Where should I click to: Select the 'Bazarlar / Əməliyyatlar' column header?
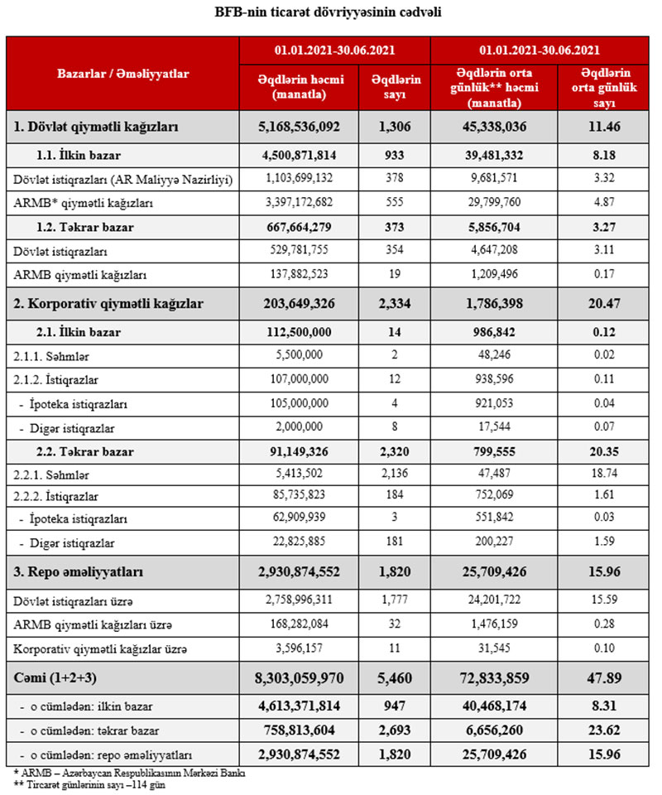[122, 74]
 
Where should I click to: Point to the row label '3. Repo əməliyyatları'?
[79, 572]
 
